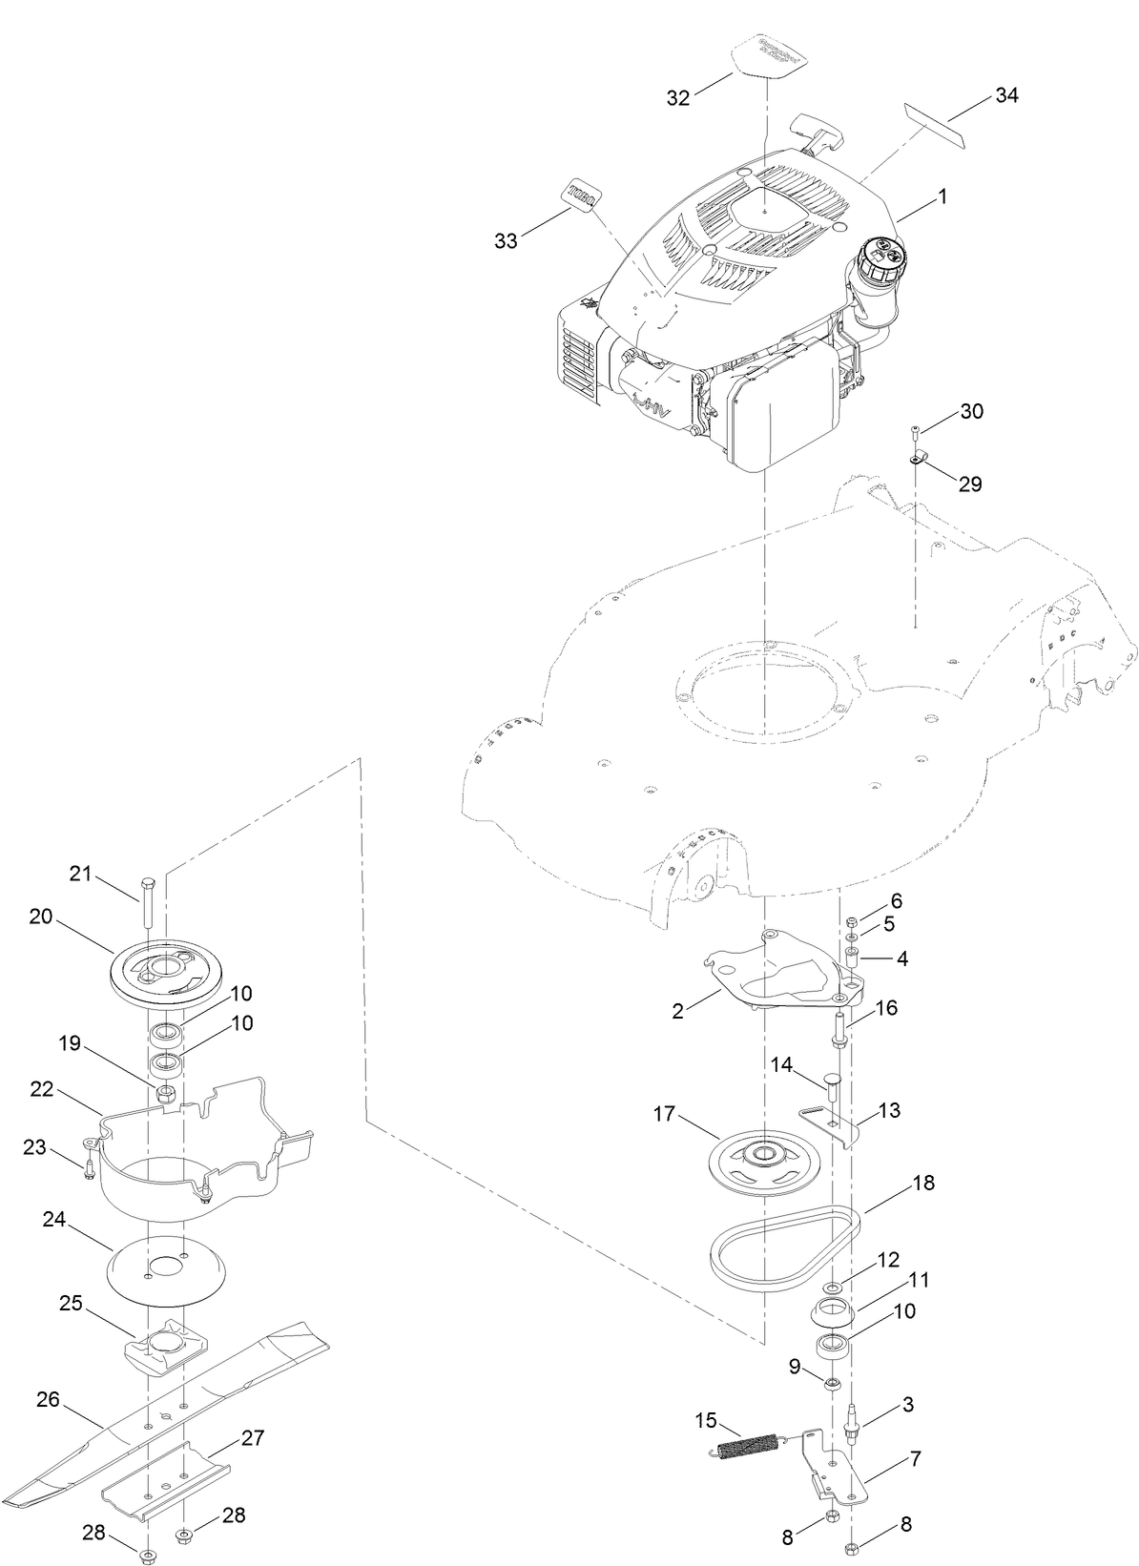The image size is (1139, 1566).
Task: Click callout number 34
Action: click(1006, 95)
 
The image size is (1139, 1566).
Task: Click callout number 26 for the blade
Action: click(48, 1400)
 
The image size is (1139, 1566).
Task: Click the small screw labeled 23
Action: click(88, 1169)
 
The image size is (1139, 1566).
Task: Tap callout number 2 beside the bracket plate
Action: click(677, 1011)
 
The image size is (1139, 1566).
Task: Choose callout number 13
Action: click(888, 1111)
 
